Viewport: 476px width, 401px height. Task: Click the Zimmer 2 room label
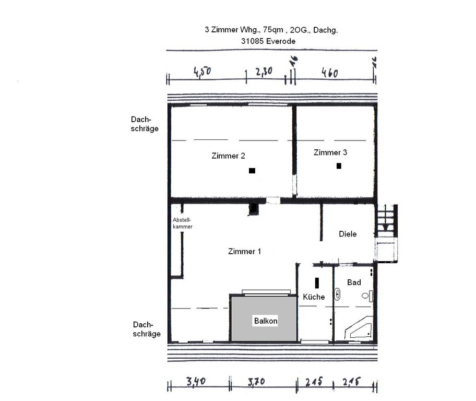pos(228,156)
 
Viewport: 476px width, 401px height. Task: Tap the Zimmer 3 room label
pos(330,152)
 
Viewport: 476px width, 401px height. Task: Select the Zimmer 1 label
pos(244,252)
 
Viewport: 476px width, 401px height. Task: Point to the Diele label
pos(348,234)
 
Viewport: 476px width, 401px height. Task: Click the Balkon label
pos(266,321)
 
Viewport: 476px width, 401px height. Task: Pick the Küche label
pos(314,297)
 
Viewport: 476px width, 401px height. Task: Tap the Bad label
pos(354,282)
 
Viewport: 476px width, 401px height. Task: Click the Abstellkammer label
pos(183,223)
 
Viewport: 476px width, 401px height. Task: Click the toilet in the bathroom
pos(367,296)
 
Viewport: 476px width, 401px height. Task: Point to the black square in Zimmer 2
pos(252,171)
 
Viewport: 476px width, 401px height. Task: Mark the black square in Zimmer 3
pos(339,166)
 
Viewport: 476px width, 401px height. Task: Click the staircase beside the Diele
pos(386,220)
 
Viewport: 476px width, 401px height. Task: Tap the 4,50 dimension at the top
pos(202,72)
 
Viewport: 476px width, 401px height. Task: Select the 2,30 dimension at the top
pos(264,72)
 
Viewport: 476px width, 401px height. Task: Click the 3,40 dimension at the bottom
pos(196,381)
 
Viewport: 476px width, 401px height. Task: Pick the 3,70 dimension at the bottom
pos(256,382)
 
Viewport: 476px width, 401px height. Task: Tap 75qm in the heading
pos(273,30)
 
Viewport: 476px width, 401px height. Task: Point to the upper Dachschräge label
pos(145,124)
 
